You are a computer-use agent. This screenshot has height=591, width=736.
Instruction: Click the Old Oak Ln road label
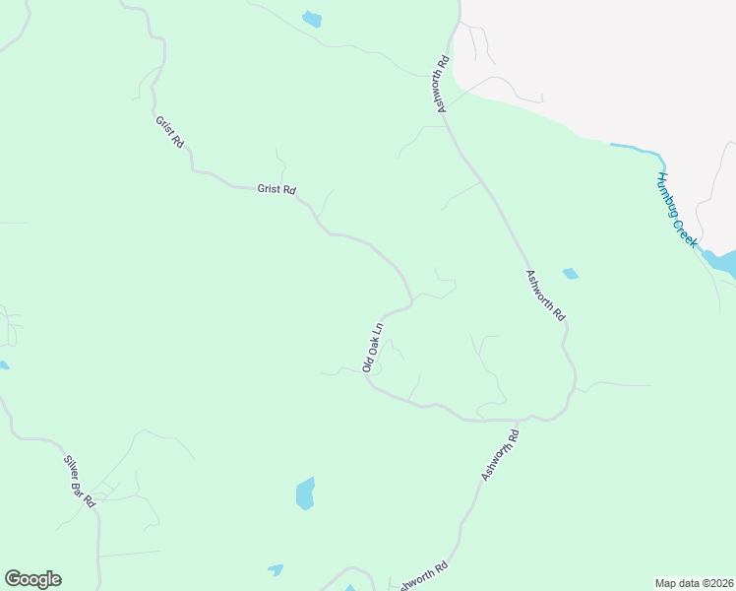pyautogui.click(x=372, y=346)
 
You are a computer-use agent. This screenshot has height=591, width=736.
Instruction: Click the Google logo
pyautogui.click(x=32, y=579)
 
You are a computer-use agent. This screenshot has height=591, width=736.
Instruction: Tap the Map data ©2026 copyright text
pyautogui.click(x=693, y=583)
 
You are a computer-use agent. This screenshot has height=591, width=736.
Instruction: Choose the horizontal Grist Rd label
pyautogui.click(x=276, y=189)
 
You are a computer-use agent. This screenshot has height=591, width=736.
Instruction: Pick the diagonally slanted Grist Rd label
pyautogui.click(x=169, y=132)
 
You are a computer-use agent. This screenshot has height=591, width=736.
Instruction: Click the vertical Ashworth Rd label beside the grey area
pyautogui.click(x=444, y=84)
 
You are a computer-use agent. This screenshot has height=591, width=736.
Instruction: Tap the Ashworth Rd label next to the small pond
pyautogui.click(x=545, y=295)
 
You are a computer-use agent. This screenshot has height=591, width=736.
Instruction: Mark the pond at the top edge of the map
pyautogui.click(x=312, y=19)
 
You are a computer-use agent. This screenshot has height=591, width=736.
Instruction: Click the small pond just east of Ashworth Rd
pyautogui.click(x=570, y=274)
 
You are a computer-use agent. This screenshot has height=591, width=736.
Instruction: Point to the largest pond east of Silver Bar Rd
pyautogui.click(x=306, y=493)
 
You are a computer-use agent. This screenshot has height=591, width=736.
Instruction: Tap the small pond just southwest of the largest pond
pyautogui.click(x=276, y=569)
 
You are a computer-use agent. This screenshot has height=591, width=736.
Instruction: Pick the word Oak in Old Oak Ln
pyautogui.click(x=372, y=343)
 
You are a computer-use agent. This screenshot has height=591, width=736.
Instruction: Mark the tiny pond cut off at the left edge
pyautogui.click(x=3, y=365)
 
